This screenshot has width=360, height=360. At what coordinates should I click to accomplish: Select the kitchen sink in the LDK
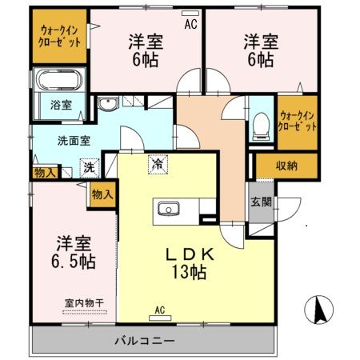tap(169, 209)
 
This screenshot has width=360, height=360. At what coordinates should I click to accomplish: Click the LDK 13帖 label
tap(189, 262)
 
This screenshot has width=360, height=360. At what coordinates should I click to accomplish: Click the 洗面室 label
tap(73, 142)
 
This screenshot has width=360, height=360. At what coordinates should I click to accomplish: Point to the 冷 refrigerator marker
tap(157, 164)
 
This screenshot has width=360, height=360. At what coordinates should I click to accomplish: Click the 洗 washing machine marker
tap(90, 169)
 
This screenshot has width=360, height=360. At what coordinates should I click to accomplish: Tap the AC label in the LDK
tap(159, 310)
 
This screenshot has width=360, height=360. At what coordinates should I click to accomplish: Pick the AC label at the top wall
tap(190, 25)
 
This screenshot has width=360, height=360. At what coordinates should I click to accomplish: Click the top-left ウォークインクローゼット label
tap(60, 37)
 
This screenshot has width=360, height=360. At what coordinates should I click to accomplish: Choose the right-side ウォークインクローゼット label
tap(298, 120)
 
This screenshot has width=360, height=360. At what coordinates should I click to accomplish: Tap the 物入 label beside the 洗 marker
tap(45, 173)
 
